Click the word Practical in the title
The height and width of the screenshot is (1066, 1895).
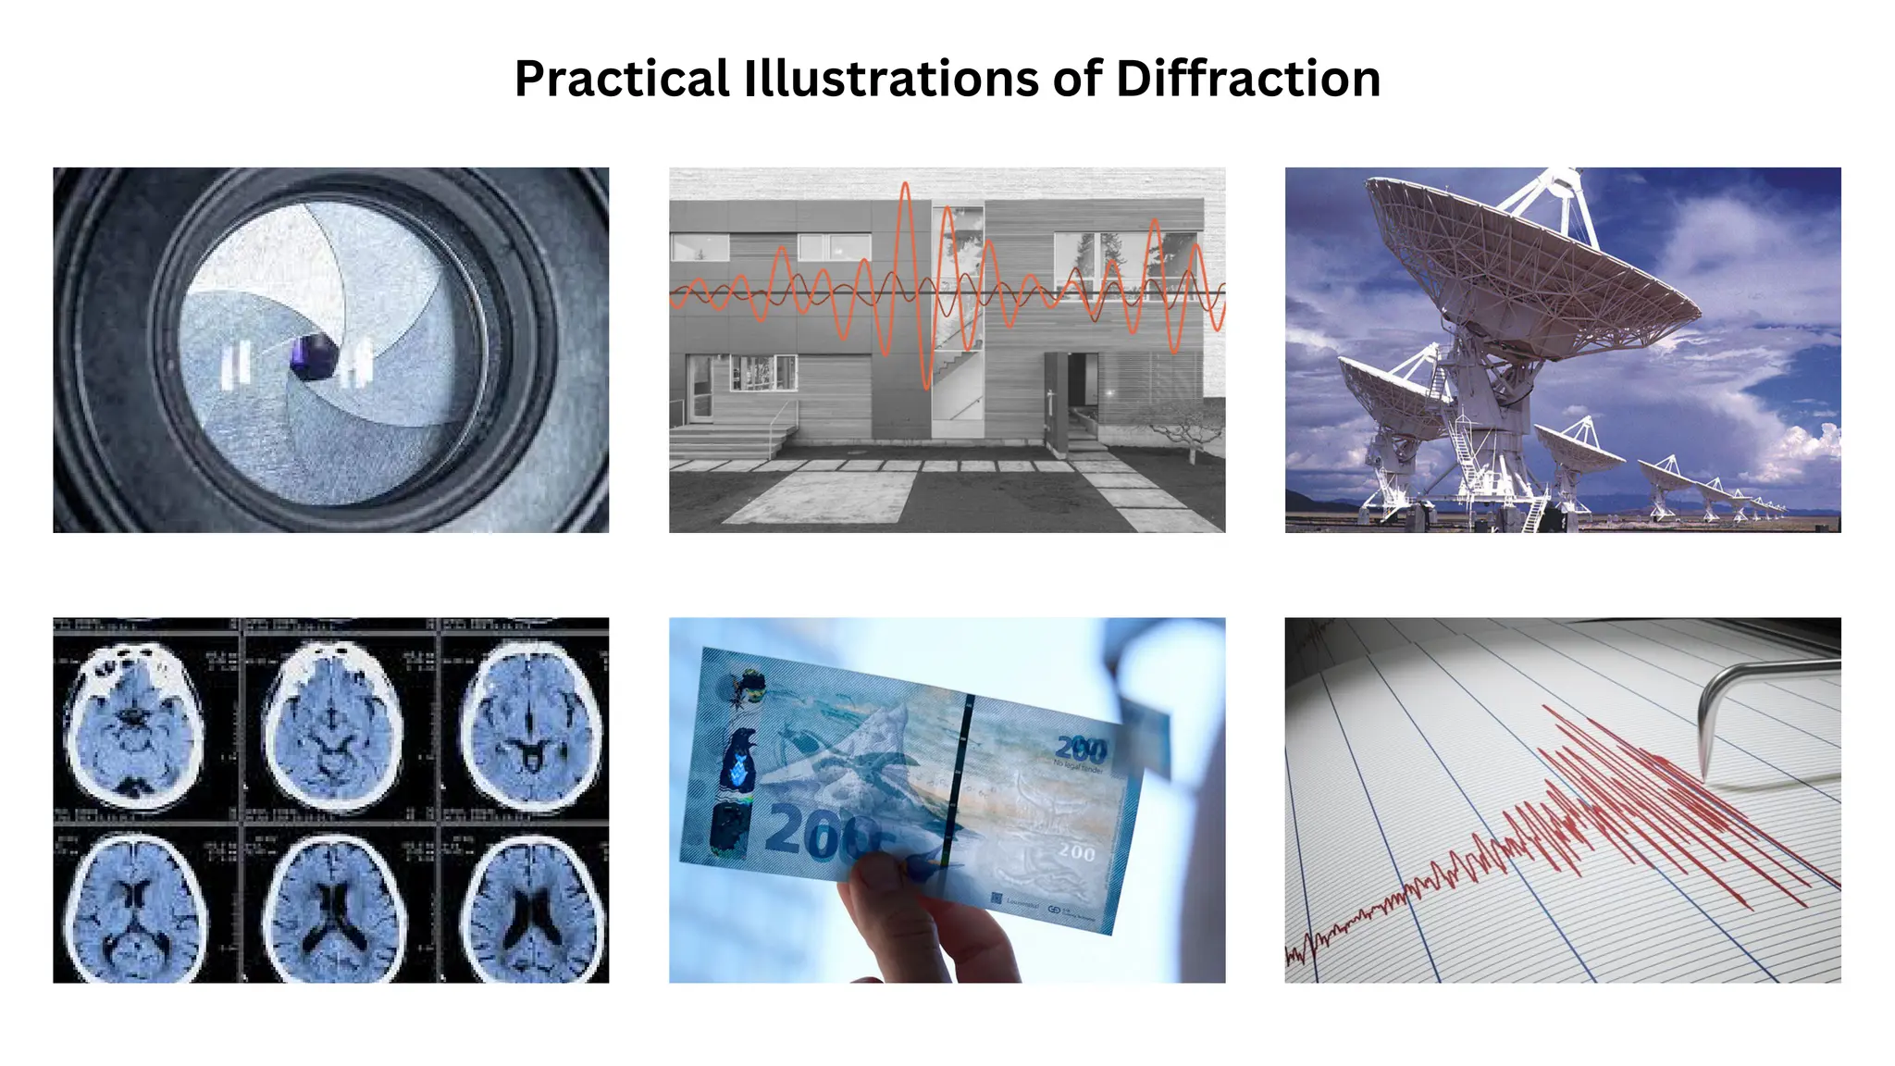[622, 79]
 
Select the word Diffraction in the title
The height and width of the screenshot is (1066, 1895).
[1248, 79]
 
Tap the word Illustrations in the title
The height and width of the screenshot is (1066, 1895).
[891, 79]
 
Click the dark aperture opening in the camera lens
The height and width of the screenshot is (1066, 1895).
[313, 357]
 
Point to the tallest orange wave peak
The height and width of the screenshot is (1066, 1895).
[906, 190]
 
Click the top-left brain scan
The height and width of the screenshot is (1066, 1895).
[134, 722]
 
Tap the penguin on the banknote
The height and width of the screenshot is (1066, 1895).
[740, 759]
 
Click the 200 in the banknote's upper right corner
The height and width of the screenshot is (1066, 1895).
[1081, 748]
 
